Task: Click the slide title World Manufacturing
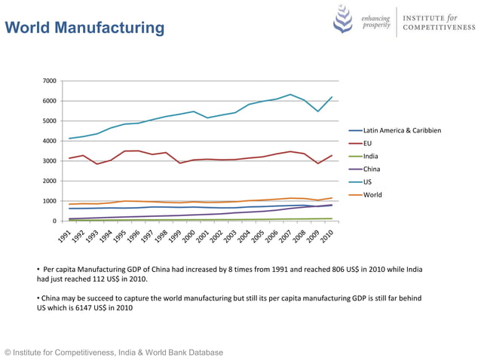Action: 84,29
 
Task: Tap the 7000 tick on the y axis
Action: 48,81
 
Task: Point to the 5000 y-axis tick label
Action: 48,121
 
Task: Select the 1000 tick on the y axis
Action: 48,201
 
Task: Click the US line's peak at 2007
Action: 290,94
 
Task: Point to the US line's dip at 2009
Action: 318,111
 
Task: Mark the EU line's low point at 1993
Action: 97,164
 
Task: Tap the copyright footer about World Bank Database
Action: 114,352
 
